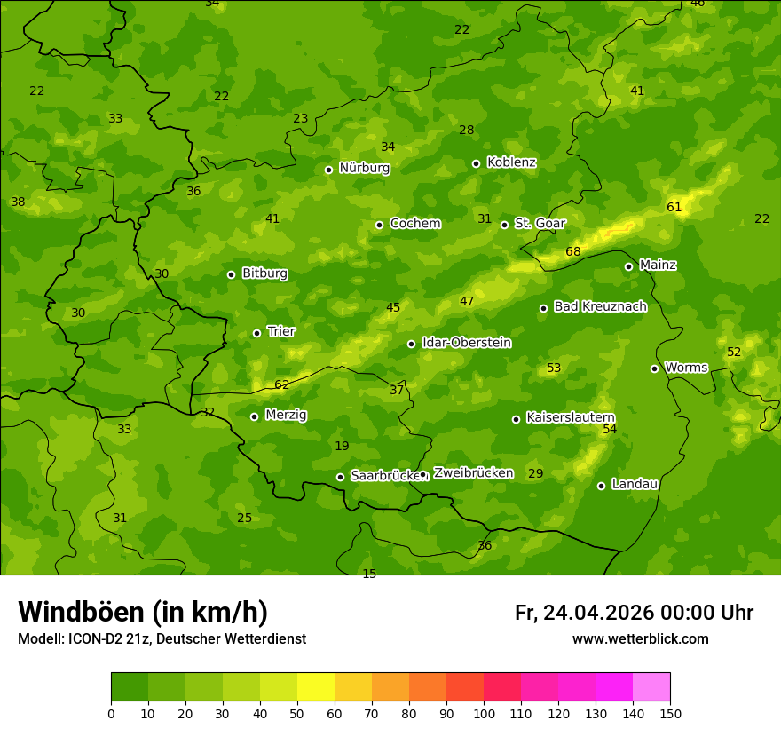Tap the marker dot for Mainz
click(x=628, y=266)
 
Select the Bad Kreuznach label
click(x=600, y=306)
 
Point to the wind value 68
click(x=573, y=251)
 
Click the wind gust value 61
click(x=674, y=207)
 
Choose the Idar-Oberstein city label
click(x=466, y=343)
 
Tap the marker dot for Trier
click(x=256, y=333)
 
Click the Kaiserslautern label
click(x=571, y=417)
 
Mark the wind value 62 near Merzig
click(x=282, y=384)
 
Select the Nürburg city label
click(x=364, y=168)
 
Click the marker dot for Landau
click(x=601, y=486)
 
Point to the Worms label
click(x=686, y=368)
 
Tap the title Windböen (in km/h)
click(x=143, y=612)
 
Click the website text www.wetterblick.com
click(x=640, y=639)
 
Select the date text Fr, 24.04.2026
click(x=584, y=613)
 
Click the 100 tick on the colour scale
click(x=484, y=713)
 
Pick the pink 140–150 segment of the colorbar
click(x=651, y=687)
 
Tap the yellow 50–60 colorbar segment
click(x=316, y=687)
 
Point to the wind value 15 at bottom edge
click(x=369, y=574)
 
